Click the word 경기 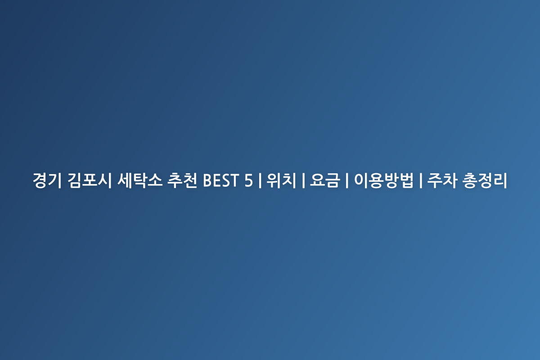click(47, 180)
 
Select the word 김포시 click(90, 180)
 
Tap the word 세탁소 click(140, 180)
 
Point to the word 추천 click(182, 180)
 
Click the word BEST click(221, 180)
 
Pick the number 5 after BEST click(248, 180)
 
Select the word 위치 click(281, 180)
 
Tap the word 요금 click(325, 180)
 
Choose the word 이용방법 click(383, 180)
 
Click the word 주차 click(442, 180)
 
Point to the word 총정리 click(485, 180)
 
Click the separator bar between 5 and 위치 click(260, 180)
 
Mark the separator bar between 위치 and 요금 click(303, 180)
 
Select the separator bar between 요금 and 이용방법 click(347, 180)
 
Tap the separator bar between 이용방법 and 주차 click(421, 180)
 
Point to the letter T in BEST click(234, 180)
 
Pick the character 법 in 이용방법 click(406, 180)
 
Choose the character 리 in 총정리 click(500, 180)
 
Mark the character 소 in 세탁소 click(155, 180)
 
